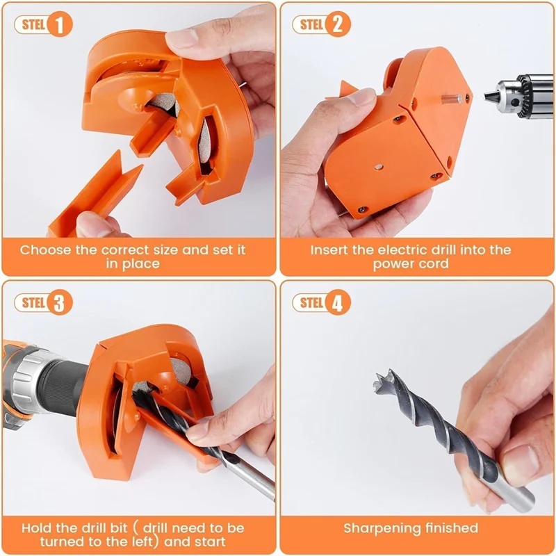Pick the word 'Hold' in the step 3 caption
[x=36, y=528]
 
